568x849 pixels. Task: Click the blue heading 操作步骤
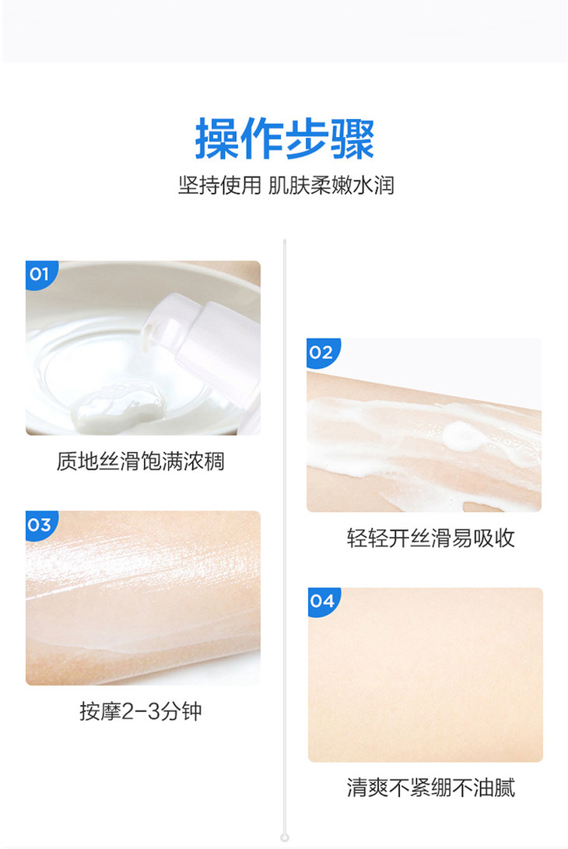[x=285, y=139]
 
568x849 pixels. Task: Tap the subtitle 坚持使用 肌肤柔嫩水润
[x=286, y=185]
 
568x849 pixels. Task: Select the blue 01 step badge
[x=40, y=275]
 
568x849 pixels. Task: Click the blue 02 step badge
[x=323, y=353]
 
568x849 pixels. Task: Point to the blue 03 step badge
[x=40, y=524]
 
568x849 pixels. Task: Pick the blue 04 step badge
[x=323, y=602]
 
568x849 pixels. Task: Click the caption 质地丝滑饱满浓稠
[x=141, y=461]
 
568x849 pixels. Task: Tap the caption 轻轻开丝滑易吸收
[x=430, y=539]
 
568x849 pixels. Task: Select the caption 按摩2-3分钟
[x=141, y=711]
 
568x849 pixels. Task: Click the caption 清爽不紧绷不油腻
[x=430, y=788]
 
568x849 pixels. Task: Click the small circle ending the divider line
[x=285, y=837]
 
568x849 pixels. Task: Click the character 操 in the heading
[x=216, y=139]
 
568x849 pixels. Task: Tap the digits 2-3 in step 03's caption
[x=141, y=711]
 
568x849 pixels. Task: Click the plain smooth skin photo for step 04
[x=425, y=675]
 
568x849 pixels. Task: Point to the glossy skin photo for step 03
[x=143, y=598]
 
